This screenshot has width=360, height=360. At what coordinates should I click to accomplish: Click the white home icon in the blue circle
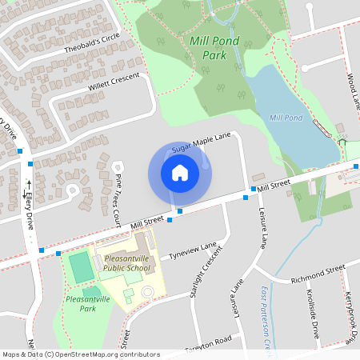pyautogui.click(x=179, y=173)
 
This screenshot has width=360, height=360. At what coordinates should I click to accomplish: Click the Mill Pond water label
pyautogui.click(x=286, y=118)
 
